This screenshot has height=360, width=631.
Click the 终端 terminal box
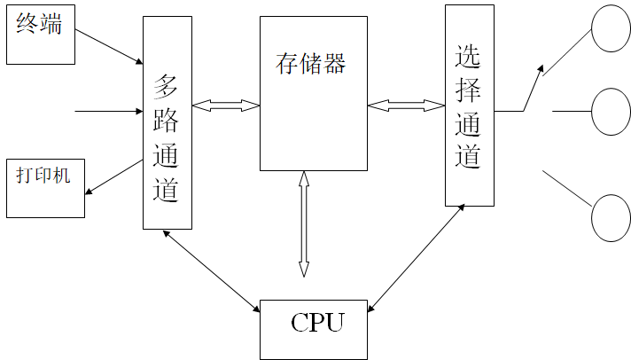[x=41, y=34]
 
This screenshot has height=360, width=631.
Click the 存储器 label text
[x=310, y=64]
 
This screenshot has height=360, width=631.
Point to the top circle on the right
[x=611, y=29]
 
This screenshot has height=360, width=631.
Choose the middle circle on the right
[x=611, y=112]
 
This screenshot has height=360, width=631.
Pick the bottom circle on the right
[x=611, y=217]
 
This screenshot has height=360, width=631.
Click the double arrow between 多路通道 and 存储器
[x=225, y=106]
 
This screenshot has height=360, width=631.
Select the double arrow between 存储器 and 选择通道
[x=406, y=106]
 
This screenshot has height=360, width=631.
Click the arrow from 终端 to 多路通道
[x=108, y=46]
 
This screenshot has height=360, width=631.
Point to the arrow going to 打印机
[x=113, y=176]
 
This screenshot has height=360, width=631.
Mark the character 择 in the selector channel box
[x=469, y=90]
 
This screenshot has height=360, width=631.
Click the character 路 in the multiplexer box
[x=167, y=121]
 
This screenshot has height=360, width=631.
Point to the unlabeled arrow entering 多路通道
[x=108, y=112]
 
